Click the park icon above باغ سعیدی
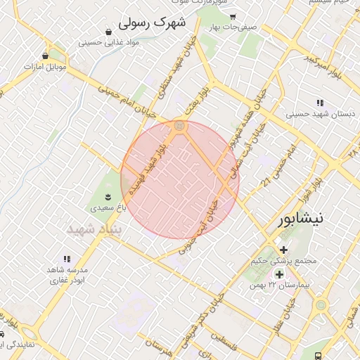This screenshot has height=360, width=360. coord(108,196)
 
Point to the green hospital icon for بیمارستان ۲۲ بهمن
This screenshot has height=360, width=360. coord(280,274)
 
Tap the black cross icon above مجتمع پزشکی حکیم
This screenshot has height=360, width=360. coord(283,250)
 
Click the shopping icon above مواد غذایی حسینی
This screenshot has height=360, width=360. coord(109,32)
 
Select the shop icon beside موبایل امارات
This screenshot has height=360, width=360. coord(46,56)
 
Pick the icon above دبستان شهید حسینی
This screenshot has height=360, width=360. coord(321,103)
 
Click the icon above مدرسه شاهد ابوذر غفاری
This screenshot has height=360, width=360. coord(67,259)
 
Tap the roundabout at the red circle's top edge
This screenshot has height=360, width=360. coord(180,127)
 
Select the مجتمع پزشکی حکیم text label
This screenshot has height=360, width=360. coord(283,262)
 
